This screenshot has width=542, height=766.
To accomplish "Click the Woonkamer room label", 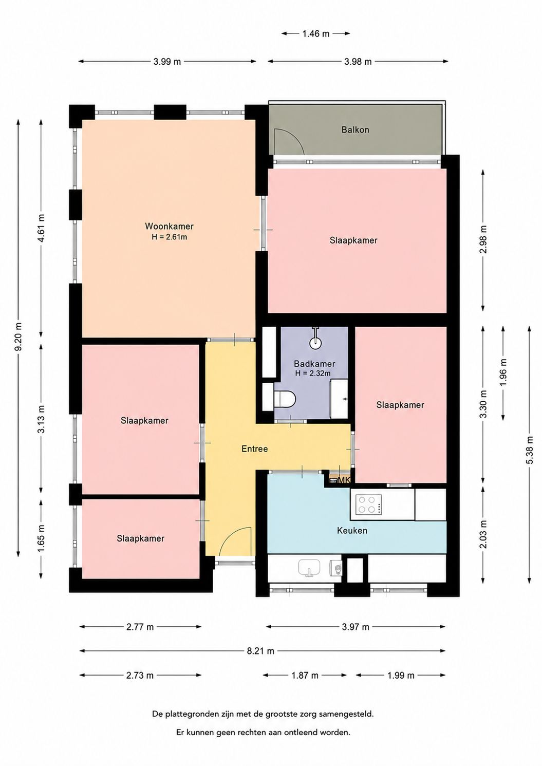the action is pos(169,226).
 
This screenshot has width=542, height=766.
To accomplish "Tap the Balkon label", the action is pos(356,129).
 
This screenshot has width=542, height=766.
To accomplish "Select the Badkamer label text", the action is pos(314,364).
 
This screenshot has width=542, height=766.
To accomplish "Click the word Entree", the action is pos(254,449).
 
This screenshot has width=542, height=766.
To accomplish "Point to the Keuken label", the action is pos(352,530).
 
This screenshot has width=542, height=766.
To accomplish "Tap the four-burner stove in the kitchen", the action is pos(369,505).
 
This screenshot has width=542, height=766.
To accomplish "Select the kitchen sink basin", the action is pos(309,568).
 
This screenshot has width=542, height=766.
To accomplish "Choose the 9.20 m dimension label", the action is pos(19,337).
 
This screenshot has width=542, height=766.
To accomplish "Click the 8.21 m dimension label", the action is pos(260,651).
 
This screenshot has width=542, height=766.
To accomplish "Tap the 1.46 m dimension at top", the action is pos(315,33).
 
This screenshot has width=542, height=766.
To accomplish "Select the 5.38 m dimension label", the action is pos(530,450).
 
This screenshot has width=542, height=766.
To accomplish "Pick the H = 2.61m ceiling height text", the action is pos(169,237).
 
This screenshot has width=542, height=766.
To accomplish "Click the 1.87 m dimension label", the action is pos(305,676).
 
